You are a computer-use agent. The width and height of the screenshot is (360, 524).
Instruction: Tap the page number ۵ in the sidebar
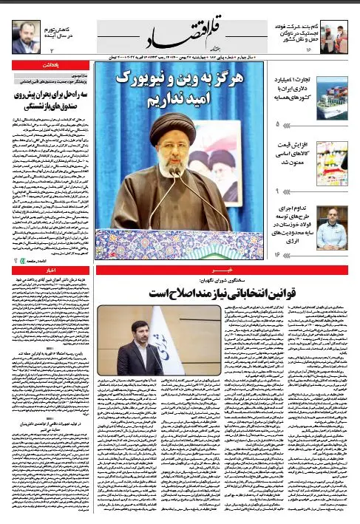click(x=277, y=124)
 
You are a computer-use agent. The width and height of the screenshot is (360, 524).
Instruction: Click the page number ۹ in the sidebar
click(x=277, y=191)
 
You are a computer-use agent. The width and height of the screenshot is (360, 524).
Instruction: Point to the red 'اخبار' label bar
click(x=49, y=272)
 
